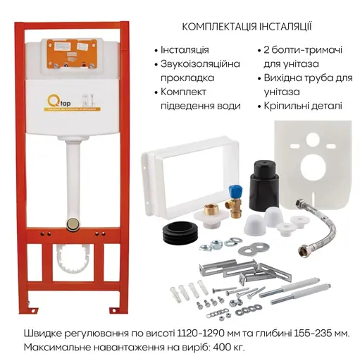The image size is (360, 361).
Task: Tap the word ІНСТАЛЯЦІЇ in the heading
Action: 278,27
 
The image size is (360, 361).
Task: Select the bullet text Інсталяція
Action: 185,51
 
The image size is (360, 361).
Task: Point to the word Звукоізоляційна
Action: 200,64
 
